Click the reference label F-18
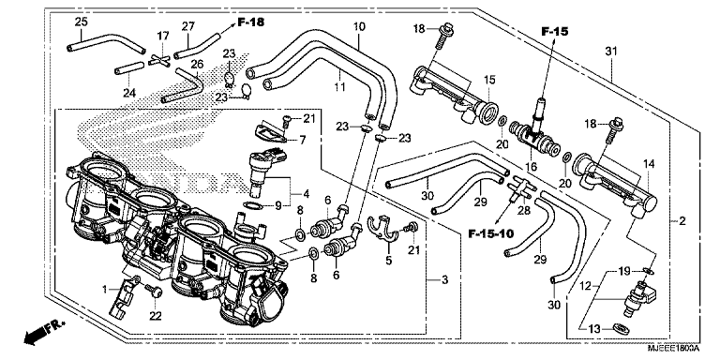click(x=252, y=22)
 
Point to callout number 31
click(x=610, y=51)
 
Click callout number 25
click(x=81, y=22)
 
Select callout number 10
click(x=359, y=27)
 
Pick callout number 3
click(x=443, y=279)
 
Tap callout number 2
click(x=682, y=221)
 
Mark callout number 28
click(x=522, y=211)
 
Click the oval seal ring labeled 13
click(x=620, y=327)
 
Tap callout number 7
click(x=303, y=141)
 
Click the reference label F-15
click(x=555, y=33)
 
